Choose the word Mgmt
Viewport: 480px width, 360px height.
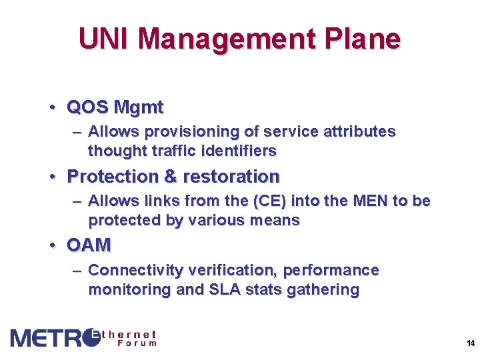click(x=139, y=107)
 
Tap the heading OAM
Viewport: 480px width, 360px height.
click(x=89, y=246)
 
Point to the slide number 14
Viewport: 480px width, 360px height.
click(x=471, y=343)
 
